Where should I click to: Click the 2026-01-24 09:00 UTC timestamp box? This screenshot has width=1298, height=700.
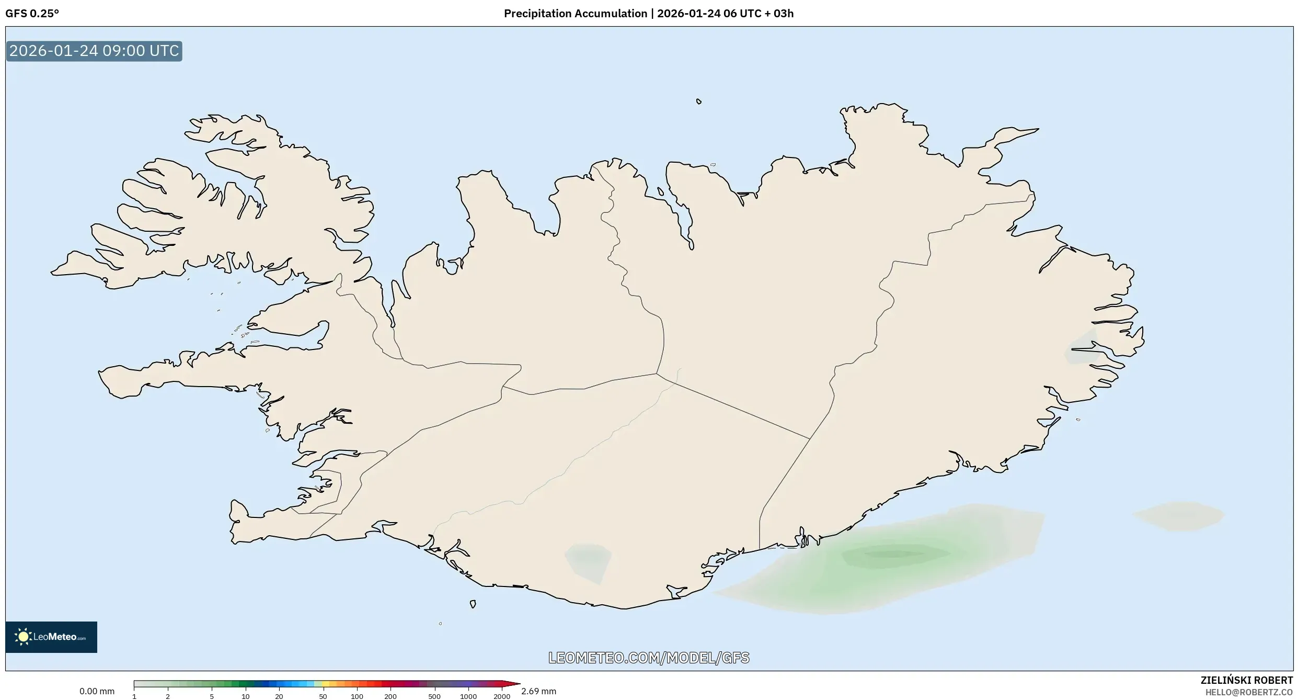coord(94,51)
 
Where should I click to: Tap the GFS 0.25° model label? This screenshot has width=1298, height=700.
coord(32,14)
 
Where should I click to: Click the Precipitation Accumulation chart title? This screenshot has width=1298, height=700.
coord(648,14)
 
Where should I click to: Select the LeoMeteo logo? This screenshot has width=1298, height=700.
coord(51,637)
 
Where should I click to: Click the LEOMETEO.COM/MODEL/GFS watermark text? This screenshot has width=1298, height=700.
coord(649,658)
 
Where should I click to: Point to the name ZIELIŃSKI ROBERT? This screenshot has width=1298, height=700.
coord(1246,680)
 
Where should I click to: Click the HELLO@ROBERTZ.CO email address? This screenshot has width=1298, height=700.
coord(1249,692)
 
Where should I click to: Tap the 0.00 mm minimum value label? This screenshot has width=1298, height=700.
coord(97,691)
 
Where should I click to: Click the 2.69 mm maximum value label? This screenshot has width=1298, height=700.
coord(538,691)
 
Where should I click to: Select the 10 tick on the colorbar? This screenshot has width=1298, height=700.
coord(245,696)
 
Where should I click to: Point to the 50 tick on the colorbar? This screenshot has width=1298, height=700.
coord(323,696)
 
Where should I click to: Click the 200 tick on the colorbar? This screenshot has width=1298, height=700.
coord(390,696)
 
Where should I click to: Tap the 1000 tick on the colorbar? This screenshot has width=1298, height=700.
coord(468,696)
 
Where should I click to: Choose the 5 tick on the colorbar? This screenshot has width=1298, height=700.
coord(212,696)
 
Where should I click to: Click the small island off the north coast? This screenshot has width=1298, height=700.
coord(699,101)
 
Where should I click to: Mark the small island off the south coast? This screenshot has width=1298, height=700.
coord(473,604)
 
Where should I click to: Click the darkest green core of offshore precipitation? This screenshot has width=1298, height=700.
coord(894,554)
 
